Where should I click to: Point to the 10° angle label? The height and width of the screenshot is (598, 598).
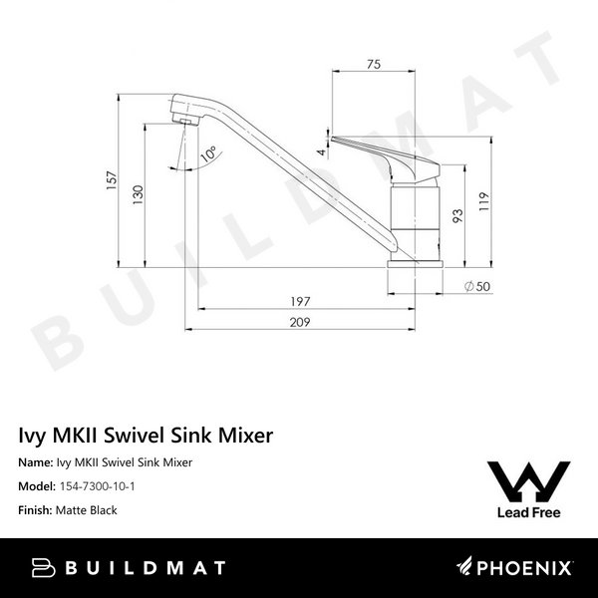pos(207,155)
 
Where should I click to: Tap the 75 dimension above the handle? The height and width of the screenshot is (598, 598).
pos(373,65)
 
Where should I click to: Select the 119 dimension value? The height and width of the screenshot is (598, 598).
pos(482,198)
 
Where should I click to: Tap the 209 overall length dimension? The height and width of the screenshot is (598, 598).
pos(301,322)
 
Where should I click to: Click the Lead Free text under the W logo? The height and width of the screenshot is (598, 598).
pos(527,513)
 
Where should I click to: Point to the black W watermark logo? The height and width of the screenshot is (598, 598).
pos(527,481)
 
